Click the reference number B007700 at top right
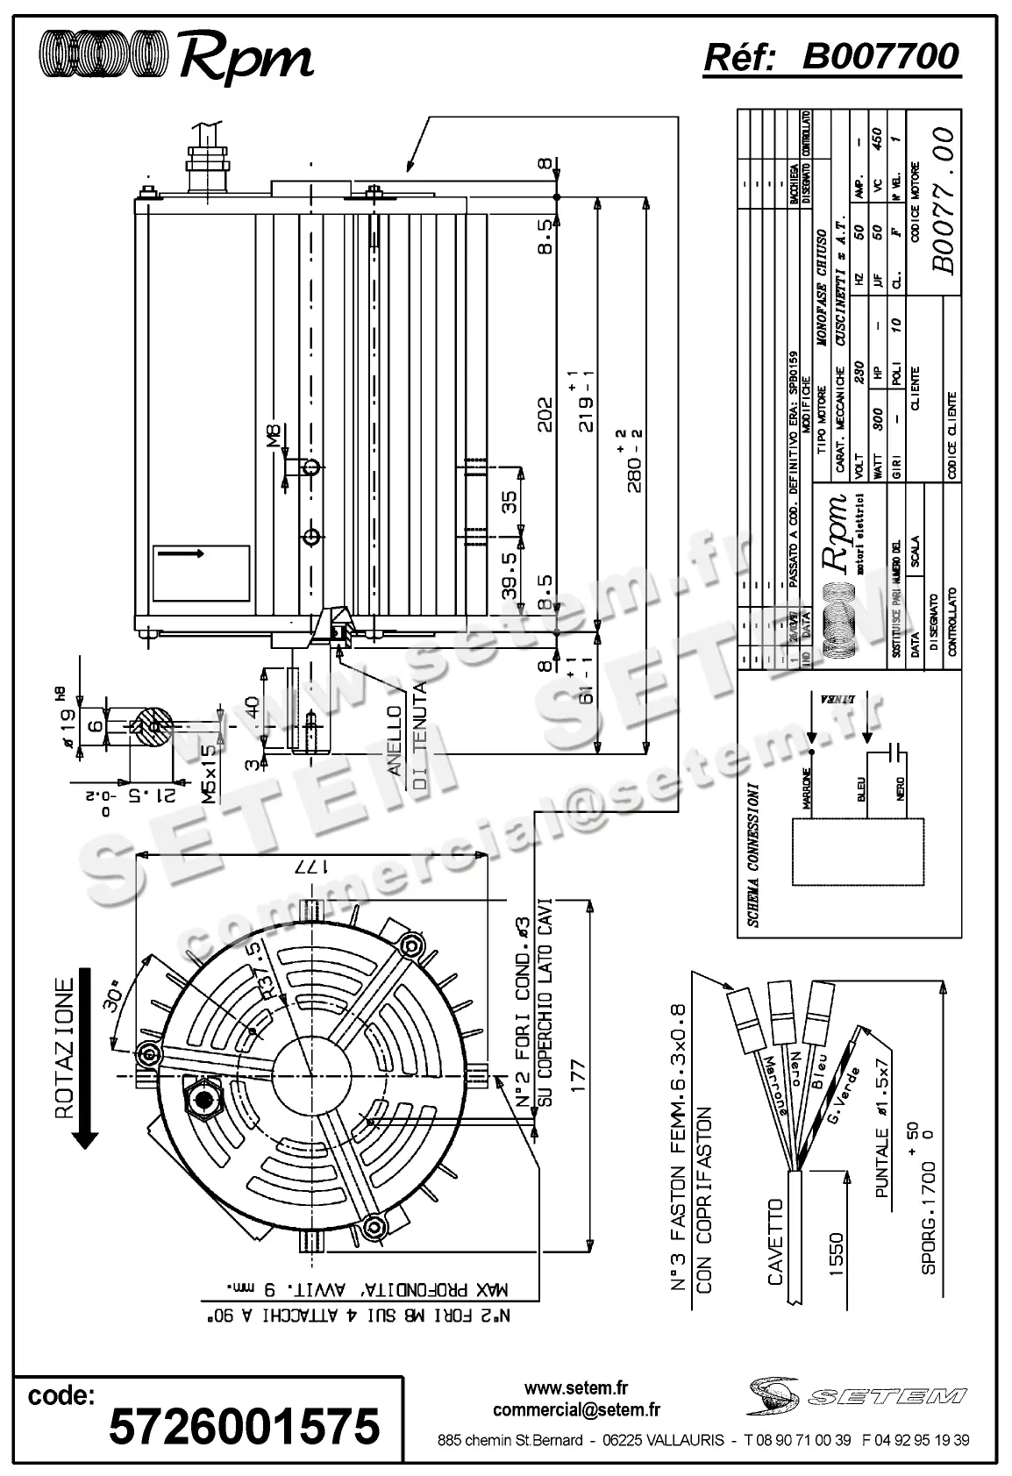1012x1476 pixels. point(880,57)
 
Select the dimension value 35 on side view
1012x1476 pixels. point(509,503)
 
